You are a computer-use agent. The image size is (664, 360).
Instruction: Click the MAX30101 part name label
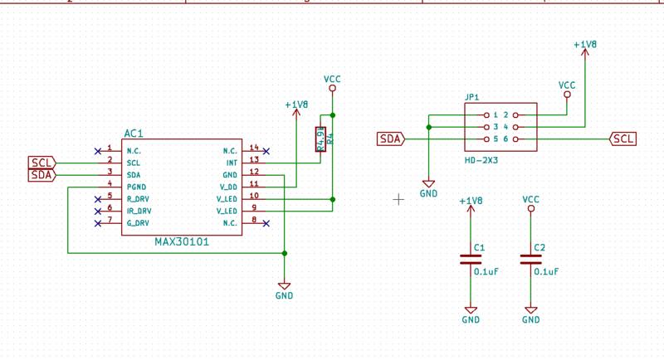pos(182,242)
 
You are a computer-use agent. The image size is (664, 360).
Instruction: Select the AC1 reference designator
pos(134,133)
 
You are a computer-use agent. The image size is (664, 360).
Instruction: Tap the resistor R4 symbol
pos(320,139)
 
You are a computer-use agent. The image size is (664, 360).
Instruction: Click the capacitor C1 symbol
pos(471,259)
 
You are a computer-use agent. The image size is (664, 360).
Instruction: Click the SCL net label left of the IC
pos(41,163)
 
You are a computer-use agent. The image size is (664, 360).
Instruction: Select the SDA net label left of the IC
pos(41,175)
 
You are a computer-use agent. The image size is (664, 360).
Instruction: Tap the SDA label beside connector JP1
pos(390,139)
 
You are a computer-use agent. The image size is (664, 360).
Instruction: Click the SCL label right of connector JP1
pos(624,139)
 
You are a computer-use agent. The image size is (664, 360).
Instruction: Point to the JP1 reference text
pos(471,97)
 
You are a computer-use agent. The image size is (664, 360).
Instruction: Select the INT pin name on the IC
pos(232,163)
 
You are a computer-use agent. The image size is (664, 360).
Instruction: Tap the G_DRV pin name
pos(138,223)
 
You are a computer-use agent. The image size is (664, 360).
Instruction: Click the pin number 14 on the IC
pos(254,148)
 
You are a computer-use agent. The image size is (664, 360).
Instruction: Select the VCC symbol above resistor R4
pos(332,81)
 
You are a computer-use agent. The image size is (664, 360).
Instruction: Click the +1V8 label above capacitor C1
pos(470,201)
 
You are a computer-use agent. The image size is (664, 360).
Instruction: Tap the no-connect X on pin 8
pos(266,223)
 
